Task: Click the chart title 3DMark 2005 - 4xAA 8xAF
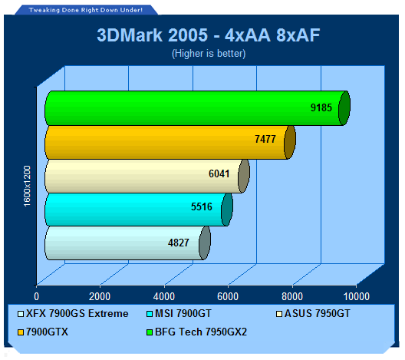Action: click(209, 35)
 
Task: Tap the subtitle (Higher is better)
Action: click(209, 54)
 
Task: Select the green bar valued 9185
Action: click(197, 108)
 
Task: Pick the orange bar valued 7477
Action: click(170, 142)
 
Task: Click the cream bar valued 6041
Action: click(147, 177)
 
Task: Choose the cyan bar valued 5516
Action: click(139, 210)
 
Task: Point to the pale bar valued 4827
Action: click(127, 243)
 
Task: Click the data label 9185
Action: click(321, 107)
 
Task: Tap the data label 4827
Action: click(179, 243)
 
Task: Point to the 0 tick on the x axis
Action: click(36, 296)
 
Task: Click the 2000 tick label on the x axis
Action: click(100, 296)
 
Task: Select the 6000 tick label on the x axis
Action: click(228, 296)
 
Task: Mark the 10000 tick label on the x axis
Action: click(357, 296)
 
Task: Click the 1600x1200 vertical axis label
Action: click(27, 186)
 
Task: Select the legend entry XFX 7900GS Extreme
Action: click(73, 313)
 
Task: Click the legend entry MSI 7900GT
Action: click(179, 313)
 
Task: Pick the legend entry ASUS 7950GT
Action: click(313, 313)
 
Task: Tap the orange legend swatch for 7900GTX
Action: click(21, 332)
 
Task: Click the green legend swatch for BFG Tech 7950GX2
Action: click(150, 332)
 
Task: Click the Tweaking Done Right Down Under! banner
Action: click(86, 10)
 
